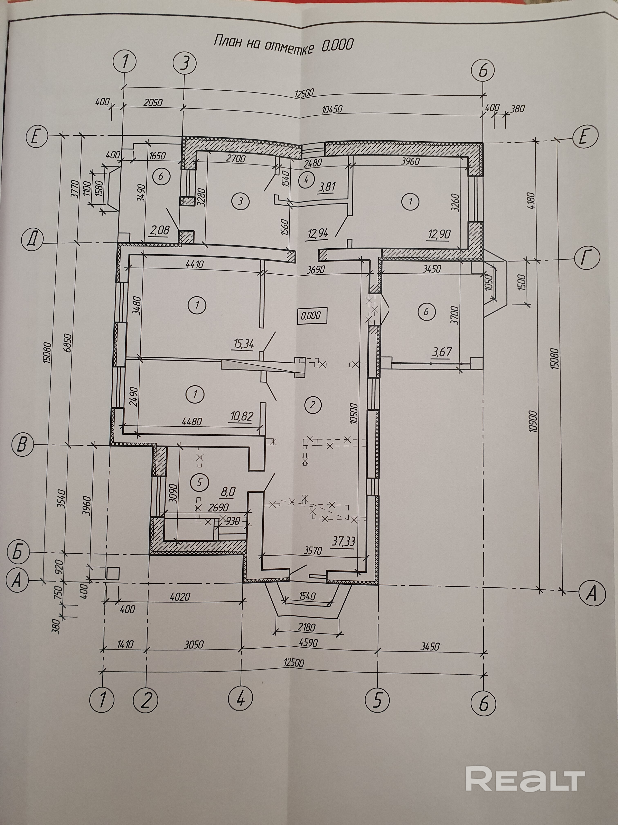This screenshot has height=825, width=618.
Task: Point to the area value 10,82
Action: (x=241, y=416)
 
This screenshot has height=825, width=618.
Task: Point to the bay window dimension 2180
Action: (x=307, y=627)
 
